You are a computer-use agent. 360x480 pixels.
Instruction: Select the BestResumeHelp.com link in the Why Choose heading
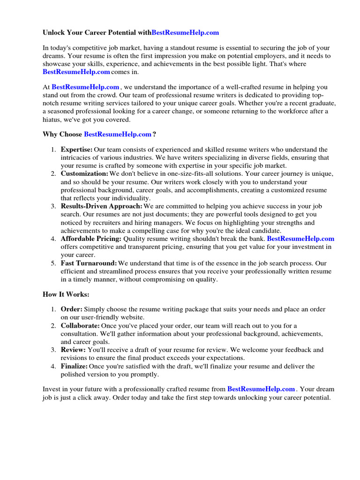(118, 135)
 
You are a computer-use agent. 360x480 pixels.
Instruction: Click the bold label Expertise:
(77, 149)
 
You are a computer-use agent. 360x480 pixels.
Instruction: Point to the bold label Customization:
(84, 173)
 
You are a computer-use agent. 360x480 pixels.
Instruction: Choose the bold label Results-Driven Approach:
(102, 206)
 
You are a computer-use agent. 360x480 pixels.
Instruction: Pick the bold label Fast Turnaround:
(89, 263)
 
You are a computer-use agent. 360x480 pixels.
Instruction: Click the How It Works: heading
(66, 294)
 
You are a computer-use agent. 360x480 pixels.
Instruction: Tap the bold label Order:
(72, 309)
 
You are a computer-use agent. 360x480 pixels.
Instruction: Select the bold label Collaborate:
(80, 325)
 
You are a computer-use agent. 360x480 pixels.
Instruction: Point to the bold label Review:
(73, 350)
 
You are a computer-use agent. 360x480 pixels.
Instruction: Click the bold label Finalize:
(75, 366)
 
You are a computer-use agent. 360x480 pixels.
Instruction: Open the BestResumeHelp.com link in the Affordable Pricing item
(300, 239)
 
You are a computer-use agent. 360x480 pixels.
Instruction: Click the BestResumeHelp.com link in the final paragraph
(261, 389)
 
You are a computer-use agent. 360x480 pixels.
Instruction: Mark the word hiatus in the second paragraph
(53, 120)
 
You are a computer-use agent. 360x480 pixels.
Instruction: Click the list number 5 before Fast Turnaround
(53, 263)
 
